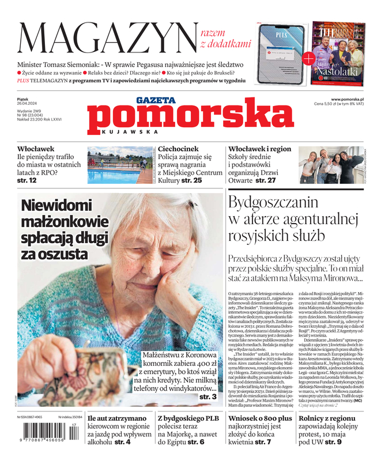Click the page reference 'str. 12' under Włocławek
27,180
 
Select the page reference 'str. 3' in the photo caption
208,397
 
